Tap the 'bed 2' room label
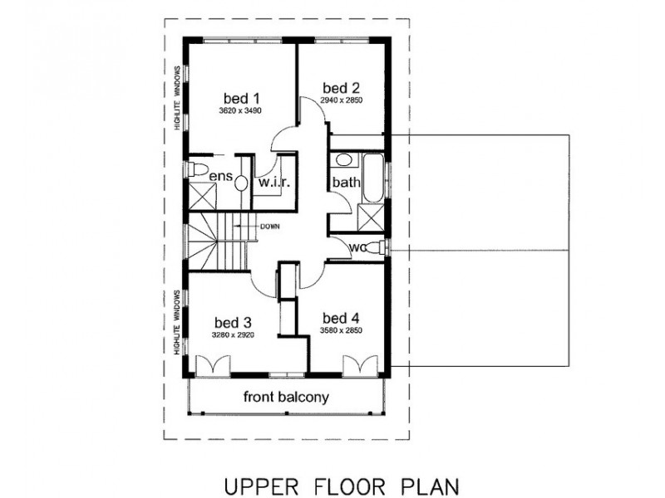[x=341, y=87]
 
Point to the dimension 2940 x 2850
[x=342, y=101]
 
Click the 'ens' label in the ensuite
[x=219, y=176]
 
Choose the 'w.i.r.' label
[x=273, y=182]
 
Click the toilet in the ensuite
[x=197, y=170]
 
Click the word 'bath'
[x=345, y=182]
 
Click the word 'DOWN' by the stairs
[x=269, y=227]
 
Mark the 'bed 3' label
[x=233, y=321]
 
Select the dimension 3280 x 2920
[x=233, y=335]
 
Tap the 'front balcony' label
[x=286, y=397]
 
